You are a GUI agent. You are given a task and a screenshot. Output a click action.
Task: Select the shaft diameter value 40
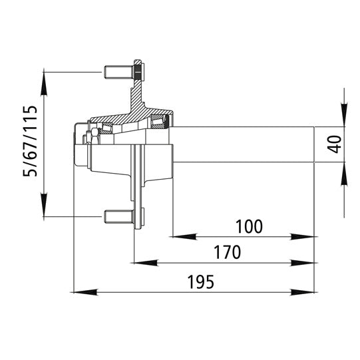tap(335, 143)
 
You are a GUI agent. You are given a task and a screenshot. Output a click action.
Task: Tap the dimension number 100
tap(249, 226)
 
